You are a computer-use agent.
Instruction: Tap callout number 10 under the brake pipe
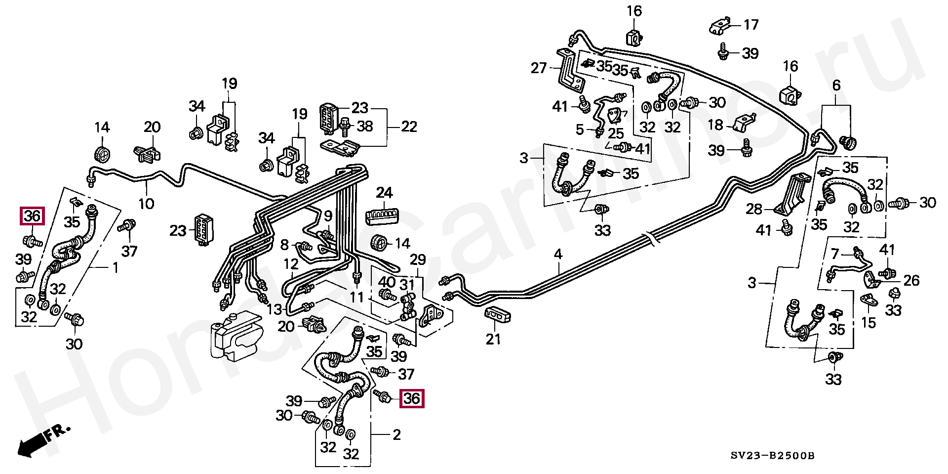(146, 203)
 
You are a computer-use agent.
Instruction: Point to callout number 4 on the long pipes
(558, 255)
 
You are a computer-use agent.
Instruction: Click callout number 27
(539, 68)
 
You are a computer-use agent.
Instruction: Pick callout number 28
(754, 209)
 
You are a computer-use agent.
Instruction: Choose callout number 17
(751, 24)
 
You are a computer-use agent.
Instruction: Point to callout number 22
(409, 127)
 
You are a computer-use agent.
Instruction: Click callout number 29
(418, 259)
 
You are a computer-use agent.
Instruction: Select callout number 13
(275, 310)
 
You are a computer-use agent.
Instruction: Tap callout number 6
(836, 86)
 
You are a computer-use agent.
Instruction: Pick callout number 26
(911, 281)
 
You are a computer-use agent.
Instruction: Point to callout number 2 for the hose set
(396, 435)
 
